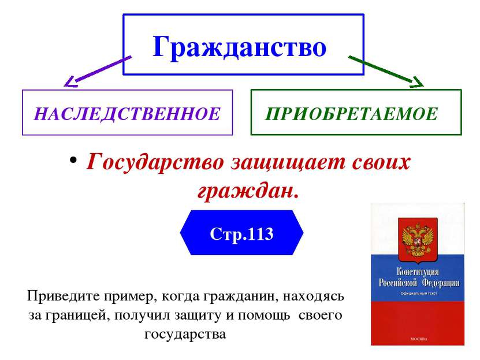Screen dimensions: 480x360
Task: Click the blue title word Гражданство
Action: click(239, 47)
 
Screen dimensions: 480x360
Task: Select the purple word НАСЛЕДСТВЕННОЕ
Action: click(127, 114)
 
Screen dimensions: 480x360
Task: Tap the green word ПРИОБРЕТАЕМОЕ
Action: click(351, 114)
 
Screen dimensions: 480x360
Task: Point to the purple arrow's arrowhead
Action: click(70, 81)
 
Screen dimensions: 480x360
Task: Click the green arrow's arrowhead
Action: click(418, 82)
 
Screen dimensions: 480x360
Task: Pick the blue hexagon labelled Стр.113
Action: click(241, 232)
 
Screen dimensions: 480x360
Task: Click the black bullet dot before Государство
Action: click(73, 160)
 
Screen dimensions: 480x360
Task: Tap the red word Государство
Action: click(155, 162)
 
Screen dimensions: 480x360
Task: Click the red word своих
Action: click(381, 162)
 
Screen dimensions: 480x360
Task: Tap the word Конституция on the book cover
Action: click(418, 271)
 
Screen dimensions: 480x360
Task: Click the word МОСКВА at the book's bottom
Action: click(418, 339)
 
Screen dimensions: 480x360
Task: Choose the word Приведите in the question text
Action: click(64, 296)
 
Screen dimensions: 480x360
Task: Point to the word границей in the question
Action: click(78, 316)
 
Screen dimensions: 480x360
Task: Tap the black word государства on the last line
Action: click(185, 334)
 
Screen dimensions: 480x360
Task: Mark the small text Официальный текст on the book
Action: click(419, 294)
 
